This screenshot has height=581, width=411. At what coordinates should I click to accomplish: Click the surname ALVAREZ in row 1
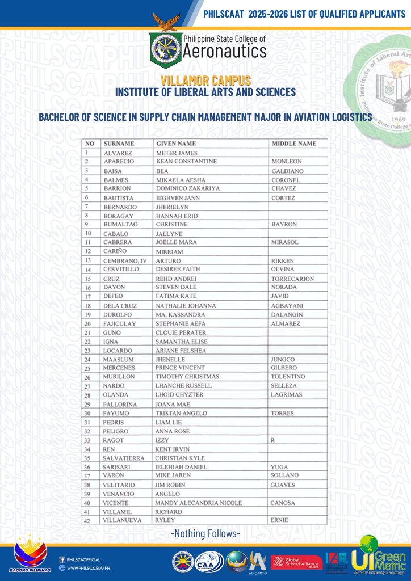pyautogui.click(x=116, y=153)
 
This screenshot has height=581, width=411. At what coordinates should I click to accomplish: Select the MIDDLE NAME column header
pyautogui.click(x=293, y=144)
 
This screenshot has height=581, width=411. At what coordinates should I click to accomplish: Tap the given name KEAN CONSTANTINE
pyautogui.click(x=186, y=162)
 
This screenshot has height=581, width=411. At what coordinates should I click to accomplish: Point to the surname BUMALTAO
pyautogui.click(x=121, y=224)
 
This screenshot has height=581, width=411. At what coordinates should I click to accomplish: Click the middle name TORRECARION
pyautogui.click(x=292, y=279)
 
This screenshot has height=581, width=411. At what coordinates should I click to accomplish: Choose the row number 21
pyautogui.click(x=88, y=332)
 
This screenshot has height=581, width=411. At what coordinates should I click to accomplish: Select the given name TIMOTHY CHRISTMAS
pyautogui.click(x=187, y=377)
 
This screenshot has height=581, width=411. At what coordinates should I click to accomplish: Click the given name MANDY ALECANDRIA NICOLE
pyautogui.click(x=199, y=503)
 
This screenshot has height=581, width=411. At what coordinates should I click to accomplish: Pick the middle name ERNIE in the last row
pyautogui.click(x=280, y=520)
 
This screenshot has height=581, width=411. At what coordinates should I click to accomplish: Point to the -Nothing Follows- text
pyautogui.click(x=205, y=533)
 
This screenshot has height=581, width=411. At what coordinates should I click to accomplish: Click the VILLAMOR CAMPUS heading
pyautogui.click(x=205, y=81)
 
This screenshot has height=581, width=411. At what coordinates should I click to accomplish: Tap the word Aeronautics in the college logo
pyautogui.click(x=224, y=52)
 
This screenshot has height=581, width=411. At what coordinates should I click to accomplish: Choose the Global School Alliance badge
pyautogui.click(x=296, y=562)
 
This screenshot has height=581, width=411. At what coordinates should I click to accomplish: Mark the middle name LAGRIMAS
pyautogui.click(x=287, y=394)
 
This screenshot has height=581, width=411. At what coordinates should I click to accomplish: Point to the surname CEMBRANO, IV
pyautogui.click(x=125, y=260)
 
